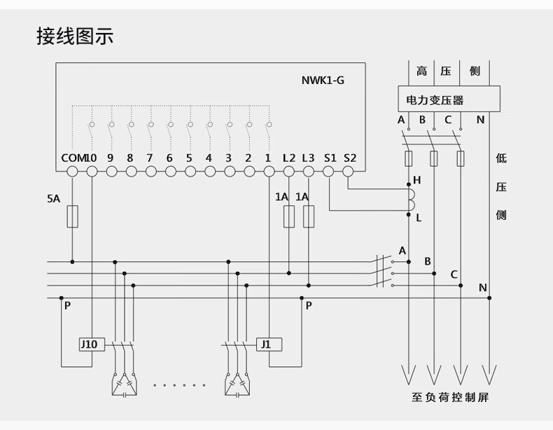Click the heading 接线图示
point(74,36)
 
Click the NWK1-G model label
point(318,80)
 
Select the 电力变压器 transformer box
point(449,100)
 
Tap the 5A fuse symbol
point(72,216)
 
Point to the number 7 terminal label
point(150,158)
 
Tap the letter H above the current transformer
point(417,180)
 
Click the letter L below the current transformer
point(419,218)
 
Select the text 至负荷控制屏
point(449,398)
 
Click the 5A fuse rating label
point(54,199)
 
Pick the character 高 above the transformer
point(421,71)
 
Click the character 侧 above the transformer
point(475,71)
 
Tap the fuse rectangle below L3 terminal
point(309,216)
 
